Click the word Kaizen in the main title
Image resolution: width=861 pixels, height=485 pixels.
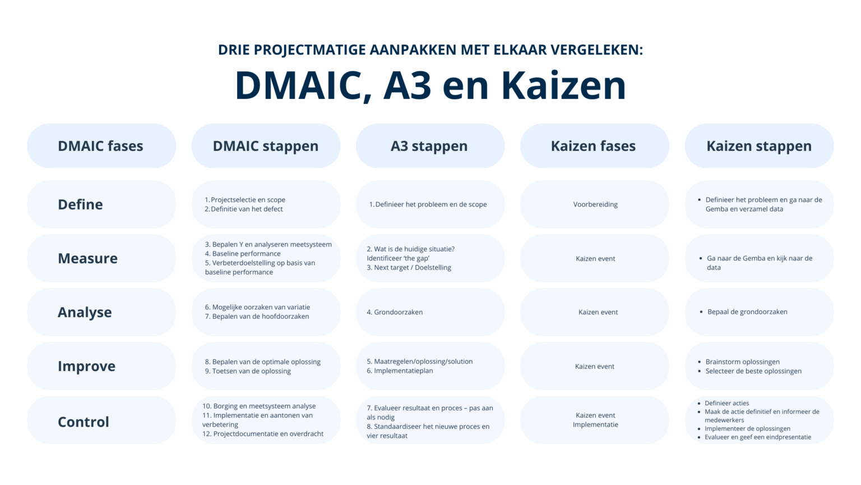[x=563, y=85]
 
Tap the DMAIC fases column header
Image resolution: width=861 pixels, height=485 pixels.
[x=101, y=146]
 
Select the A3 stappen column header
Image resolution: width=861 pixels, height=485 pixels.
[x=429, y=146]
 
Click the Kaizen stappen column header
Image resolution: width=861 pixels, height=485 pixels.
[x=759, y=146]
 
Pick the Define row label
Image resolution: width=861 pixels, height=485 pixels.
[x=81, y=204]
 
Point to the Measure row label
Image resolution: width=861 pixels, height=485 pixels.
[x=88, y=258]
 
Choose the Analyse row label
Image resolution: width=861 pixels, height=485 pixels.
[x=85, y=312]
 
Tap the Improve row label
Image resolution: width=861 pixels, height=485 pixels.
[x=87, y=366]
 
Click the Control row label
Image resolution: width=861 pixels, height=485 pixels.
[x=84, y=422]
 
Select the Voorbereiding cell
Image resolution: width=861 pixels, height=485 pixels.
[x=595, y=204]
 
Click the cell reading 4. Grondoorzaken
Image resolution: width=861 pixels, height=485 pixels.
[x=395, y=312]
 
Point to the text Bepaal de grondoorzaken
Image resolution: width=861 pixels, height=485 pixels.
[x=747, y=312]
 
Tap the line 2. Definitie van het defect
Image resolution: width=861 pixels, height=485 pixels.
[x=244, y=209]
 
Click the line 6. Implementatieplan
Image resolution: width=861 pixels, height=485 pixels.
[x=400, y=370]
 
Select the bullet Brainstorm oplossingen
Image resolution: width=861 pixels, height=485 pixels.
[x=742, y=362]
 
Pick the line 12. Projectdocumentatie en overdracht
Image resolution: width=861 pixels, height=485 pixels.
[x=263, y=433]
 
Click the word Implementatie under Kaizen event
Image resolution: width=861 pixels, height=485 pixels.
[x=595, y=424]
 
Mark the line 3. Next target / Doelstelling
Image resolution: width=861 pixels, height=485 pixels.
[x=409, y=267]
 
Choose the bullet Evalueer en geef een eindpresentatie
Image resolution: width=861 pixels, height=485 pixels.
[x=758, y=437]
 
